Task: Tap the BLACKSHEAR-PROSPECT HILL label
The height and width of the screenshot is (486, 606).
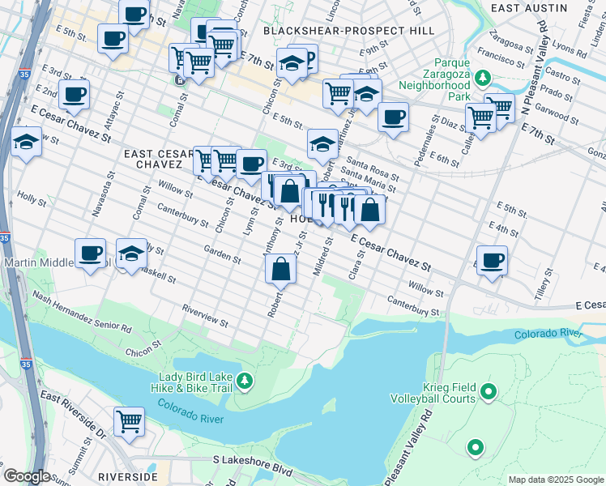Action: coord(348,31)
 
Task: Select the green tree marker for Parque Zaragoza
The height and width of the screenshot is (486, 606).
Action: coord(483,79)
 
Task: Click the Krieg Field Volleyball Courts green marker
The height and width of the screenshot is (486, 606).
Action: coord(488,393)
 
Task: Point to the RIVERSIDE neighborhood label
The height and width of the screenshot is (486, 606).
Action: coord(128,476)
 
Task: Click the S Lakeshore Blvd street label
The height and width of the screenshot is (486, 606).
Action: coord(252,459)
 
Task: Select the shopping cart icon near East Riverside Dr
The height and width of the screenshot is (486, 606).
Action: coord(129,421)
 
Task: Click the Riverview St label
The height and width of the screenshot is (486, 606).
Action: coord(205,315)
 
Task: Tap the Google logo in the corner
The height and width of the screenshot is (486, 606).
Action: coord(27,476)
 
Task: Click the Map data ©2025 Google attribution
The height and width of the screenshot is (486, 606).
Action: coord(555,480)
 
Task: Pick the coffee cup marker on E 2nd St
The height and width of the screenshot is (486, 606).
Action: coord(74,94)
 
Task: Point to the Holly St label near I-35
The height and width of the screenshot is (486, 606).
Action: coord(32,197)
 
